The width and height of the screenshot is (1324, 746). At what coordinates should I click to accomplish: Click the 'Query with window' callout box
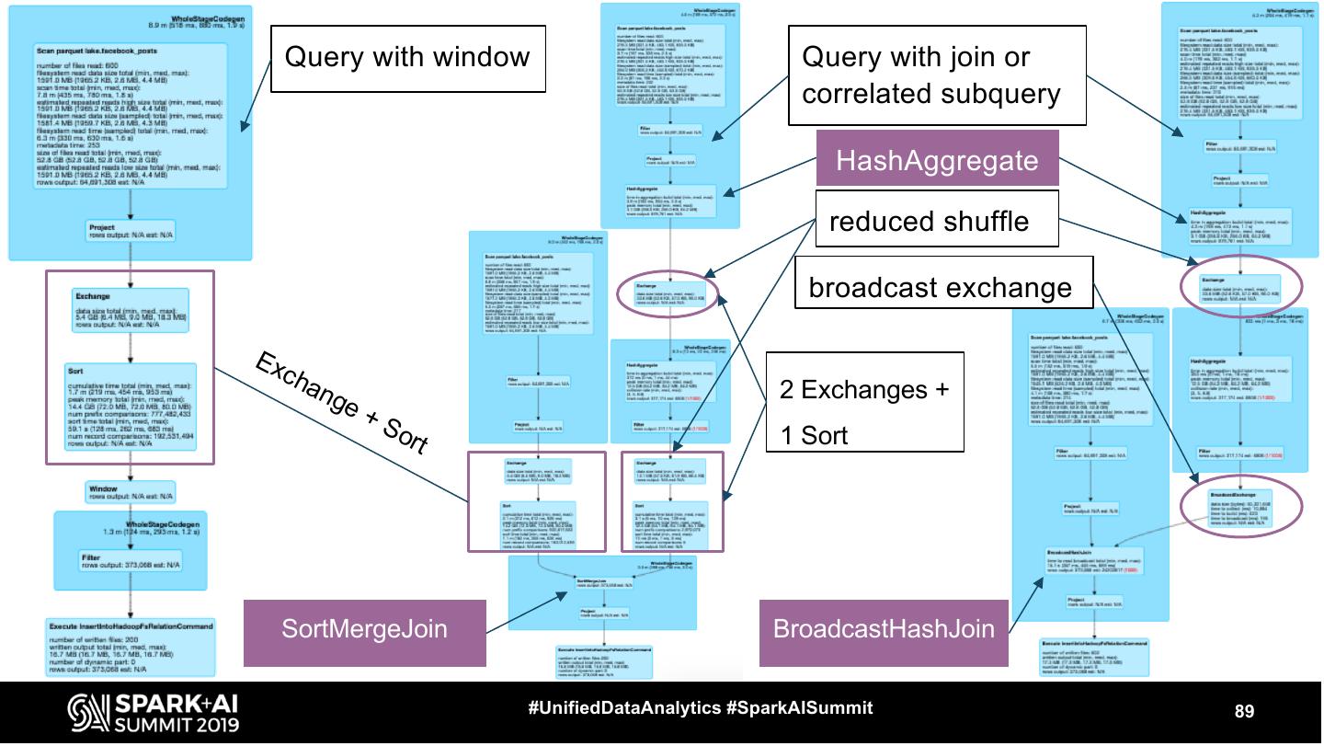(x=407, y=58)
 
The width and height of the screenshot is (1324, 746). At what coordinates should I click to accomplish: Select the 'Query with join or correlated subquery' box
(x=930, y=75)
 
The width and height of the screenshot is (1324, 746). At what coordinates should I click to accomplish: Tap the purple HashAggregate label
(x=936, y=161)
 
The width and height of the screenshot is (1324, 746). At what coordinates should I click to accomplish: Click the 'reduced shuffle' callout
(x=929, y=222)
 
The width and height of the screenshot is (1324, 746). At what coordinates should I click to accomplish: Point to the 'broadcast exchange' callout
(x=939, y=288)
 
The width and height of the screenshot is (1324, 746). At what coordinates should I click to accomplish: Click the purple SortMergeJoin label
(x=364, y=630)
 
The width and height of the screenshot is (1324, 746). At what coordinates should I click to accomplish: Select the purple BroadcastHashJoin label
(x=884, y=630)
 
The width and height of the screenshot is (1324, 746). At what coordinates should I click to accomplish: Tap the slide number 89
(x=1244, y=710)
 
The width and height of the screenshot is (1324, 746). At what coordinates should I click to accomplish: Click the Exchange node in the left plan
(x=131, y=309)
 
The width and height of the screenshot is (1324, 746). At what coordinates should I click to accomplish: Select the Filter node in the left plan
(x=131, y=560)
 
